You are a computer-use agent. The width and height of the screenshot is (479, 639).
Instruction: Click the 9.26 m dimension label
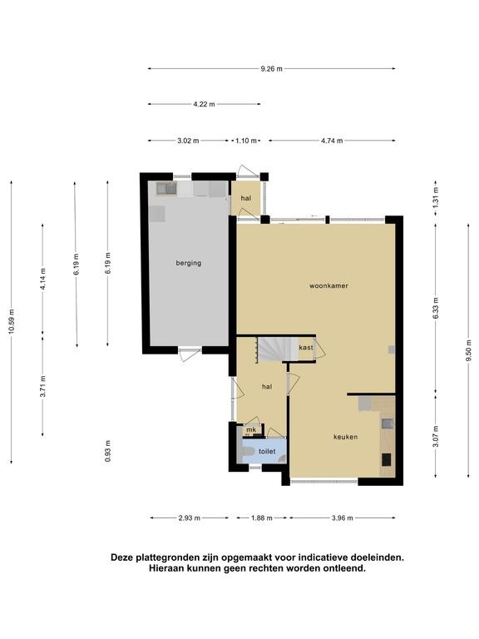click(x=271, y=69)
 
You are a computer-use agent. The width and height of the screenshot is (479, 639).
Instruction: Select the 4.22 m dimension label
click(x=204, y=104)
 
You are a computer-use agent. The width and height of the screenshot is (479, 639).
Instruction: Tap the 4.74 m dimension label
click(x=332, y=141)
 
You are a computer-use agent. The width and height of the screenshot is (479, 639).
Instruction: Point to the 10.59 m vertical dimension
click(x=12, y=322)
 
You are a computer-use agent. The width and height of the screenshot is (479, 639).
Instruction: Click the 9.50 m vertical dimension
click(x=469, y=350)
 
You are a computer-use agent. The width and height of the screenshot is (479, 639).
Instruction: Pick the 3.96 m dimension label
click(x=342, y=518)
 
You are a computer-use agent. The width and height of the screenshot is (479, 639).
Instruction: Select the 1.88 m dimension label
click(x=261, y=518)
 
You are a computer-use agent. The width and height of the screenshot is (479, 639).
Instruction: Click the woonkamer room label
click(x=328, y=286)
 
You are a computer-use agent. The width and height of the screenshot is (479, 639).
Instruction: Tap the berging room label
click(x=189, y=263)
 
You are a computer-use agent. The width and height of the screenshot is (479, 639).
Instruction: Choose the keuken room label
click(x=345, y=437)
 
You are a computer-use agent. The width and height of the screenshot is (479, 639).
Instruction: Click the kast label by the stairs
click(x=306, y=348)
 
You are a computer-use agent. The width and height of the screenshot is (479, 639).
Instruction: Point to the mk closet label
click(x=251, y=430)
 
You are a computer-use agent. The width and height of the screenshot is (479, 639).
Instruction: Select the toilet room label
click(x=267, y=452)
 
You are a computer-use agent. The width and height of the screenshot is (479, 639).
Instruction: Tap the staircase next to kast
click(x=278, y=349)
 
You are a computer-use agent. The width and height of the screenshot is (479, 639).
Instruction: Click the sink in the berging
click(x=166, y=188)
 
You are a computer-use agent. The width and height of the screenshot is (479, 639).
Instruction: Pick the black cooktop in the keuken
click(x=386, y=460)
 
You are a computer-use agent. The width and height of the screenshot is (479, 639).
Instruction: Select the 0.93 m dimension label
click(x=107, y=451)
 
